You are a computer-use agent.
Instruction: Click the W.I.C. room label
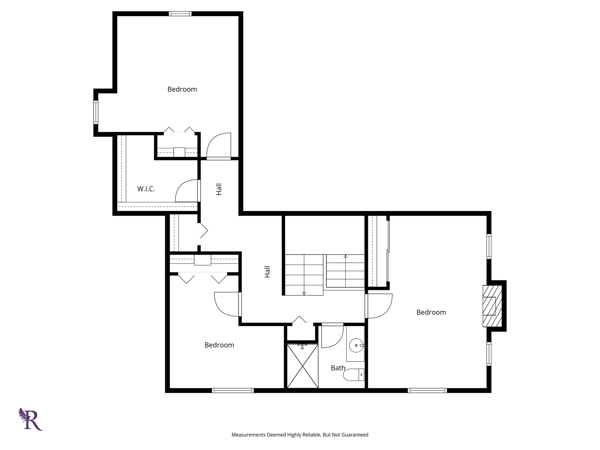point(146,189)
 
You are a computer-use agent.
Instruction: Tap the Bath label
point(338,368)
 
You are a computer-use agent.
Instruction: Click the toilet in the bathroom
point(353,375)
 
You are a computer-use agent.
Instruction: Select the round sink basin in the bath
point(357,345)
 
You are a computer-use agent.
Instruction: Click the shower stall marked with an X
point(302,366)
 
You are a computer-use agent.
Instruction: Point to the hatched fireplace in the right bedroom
point(492,306)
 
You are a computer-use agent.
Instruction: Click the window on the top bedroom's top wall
point(180,14)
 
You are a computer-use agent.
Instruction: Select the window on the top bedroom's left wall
point(96,112)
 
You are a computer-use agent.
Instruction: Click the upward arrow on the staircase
point(345,257)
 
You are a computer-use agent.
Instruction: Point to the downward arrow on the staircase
point(304,293)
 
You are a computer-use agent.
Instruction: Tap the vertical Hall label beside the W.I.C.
point(219,189)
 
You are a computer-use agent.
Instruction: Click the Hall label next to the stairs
point(267,272)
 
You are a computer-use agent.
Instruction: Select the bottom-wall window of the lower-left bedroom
point(233,390)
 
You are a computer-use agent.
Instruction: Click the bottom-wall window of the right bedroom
point(427,390)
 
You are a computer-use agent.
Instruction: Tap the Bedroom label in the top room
point(182,89)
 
